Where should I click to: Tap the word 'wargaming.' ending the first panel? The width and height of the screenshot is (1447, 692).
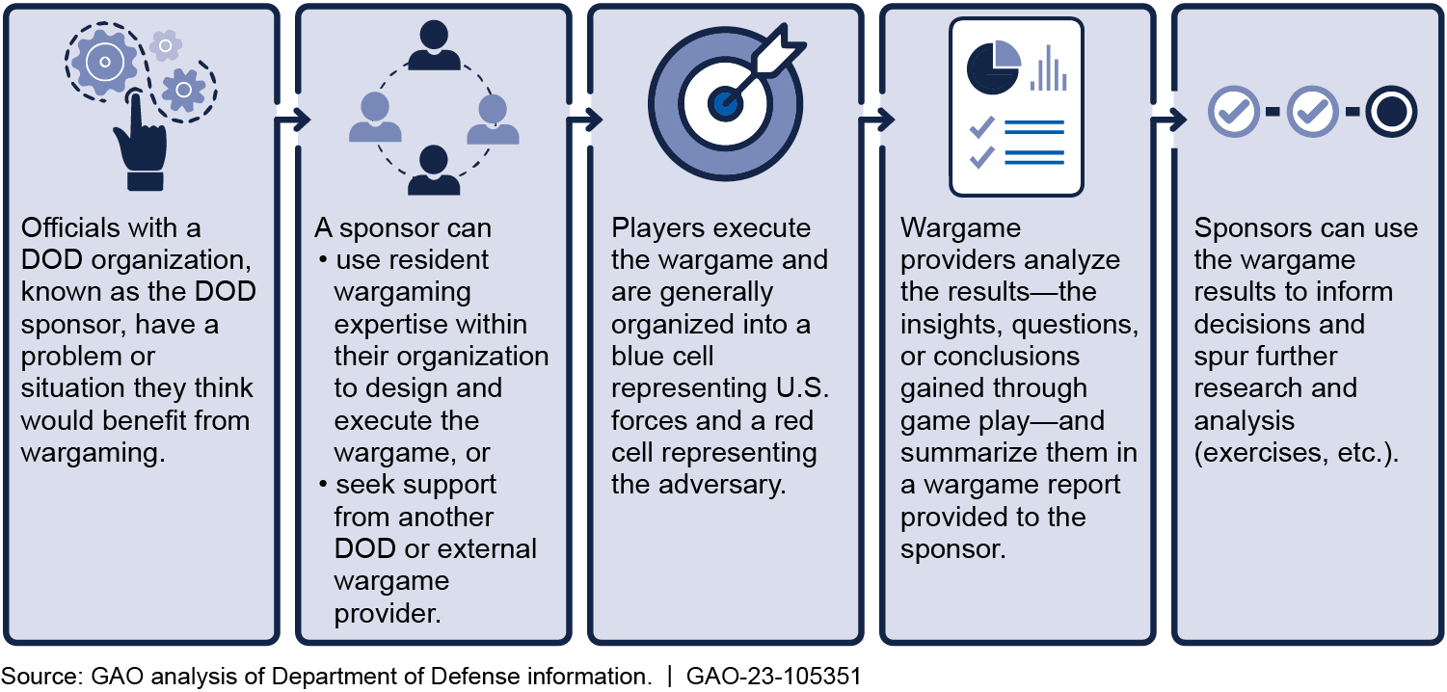click(93, 452)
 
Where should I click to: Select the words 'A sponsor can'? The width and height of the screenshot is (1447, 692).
click(403, 228)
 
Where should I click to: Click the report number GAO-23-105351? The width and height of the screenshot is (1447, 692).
click(772, 676)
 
